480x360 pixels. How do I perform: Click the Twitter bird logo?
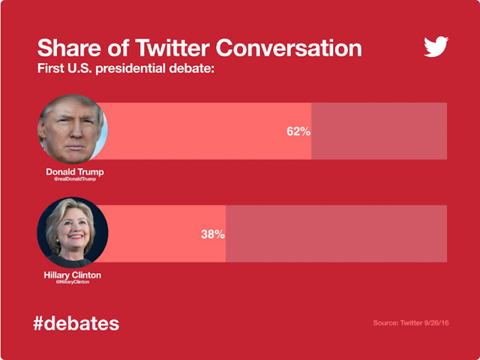[x=436, y=47]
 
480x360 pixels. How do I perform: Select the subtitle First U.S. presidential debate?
[x=125, y=69]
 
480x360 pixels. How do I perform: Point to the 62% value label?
[x=298, y=131]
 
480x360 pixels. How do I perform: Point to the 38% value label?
[x=212, y=234]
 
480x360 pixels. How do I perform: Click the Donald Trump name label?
[x=75, y=172]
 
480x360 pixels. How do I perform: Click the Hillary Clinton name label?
[x=73, y=275]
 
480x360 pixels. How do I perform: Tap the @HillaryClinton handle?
[x=73, y=283]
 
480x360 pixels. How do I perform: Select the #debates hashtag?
[x=76, y=324]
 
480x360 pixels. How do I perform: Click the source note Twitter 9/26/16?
[x=409, y=324]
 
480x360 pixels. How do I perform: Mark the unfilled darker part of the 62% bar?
[x=379, y=131]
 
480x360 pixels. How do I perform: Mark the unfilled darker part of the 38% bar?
[x=336, y=234]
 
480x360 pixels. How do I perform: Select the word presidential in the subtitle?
[x=137, y=69]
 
